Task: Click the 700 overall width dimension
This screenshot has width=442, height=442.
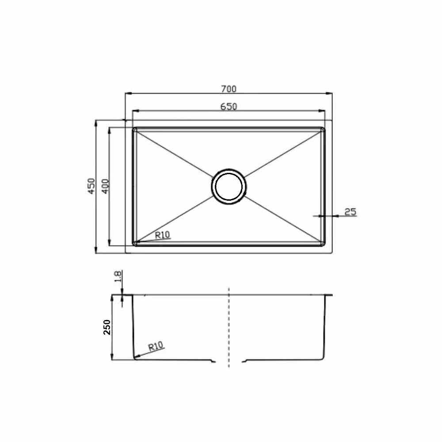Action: point(229,89)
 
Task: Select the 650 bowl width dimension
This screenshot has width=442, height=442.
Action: point(229,107)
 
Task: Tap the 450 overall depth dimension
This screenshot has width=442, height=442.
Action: point(91,186)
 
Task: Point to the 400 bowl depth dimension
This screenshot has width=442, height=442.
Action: point(105,186)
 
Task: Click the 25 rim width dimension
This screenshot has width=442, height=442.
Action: point(351,211)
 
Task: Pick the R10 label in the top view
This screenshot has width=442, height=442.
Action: point(163,235)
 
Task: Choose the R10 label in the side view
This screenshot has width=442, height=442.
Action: point(156,346)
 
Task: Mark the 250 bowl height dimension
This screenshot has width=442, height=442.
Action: point(107,327)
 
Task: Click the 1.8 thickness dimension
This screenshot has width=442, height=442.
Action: point(118,276)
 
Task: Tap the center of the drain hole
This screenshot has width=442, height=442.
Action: point(229,187)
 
